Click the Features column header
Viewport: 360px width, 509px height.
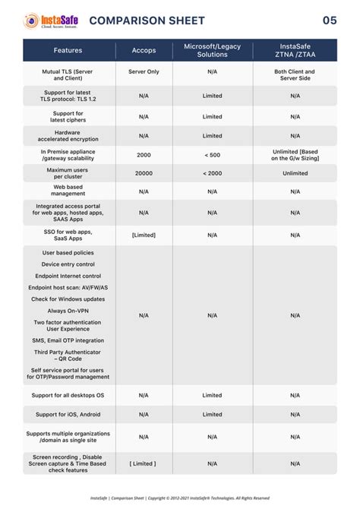click(68, 50)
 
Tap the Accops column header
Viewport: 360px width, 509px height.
click(144, 50)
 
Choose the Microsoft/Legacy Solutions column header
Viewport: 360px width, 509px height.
click(213, 50)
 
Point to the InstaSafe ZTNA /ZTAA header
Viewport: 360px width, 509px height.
click(295, 50)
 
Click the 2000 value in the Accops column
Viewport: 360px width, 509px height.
click(144, 154)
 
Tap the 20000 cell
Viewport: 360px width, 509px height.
click(144, 173)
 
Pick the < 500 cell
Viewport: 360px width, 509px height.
click(213, 154)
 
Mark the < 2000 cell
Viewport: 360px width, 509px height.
click(213, 173)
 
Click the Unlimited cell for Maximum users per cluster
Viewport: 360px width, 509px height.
click(295, 173)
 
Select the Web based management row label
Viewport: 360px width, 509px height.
click(68, 190)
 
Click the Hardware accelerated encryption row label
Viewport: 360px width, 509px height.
click(68, 135)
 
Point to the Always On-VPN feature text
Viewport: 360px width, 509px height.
click(68, 311)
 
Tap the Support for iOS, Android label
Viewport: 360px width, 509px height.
click(68, 414)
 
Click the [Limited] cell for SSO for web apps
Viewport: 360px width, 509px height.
click(144, 235)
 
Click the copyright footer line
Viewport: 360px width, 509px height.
click(180, 498)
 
